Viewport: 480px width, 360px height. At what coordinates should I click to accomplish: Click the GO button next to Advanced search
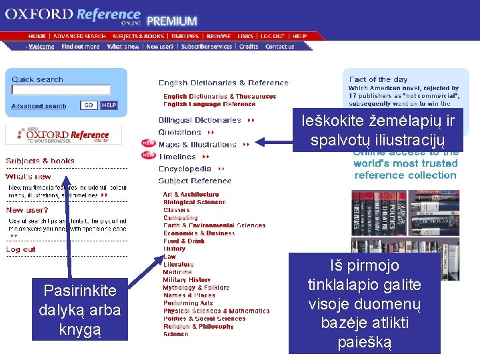click(x=89, y=105)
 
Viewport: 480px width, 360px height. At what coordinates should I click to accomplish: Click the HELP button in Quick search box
click(x=109, y=105)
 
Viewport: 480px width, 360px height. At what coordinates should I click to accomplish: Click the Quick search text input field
click(x=61, y=90)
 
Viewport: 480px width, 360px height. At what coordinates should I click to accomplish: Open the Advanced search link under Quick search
click(x=39, y=106)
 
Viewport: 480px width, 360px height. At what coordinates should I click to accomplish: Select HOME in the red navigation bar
click(x=37, y=36)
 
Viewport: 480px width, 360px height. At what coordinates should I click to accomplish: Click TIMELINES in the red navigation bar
click(x=185, y=36)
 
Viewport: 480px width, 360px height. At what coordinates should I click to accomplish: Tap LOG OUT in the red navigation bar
click(x=272, y=36)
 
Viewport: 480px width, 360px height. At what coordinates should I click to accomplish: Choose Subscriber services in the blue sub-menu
click(x=207, y=47)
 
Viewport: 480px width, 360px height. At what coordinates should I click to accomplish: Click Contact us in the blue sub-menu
click(x=279, y=47)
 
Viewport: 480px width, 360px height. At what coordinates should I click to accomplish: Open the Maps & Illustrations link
click(x=197, y=145)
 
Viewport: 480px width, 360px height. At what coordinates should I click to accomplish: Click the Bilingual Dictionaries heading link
click(x=199, y=121)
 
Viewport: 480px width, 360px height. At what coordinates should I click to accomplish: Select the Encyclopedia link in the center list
click(x=185, y=169)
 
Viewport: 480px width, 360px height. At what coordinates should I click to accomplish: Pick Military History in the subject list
click(x=187, y=280)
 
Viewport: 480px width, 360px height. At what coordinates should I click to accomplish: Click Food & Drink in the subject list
click(x=184, y=241)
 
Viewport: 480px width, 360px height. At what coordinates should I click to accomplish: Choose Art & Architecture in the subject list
click(x=191, y=195)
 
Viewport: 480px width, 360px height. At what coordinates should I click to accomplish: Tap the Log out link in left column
click(x=21, y=249)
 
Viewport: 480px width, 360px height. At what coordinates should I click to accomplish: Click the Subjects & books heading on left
click(x=40, y=161)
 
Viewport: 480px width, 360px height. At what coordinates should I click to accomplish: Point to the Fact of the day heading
click(x=378, y=79)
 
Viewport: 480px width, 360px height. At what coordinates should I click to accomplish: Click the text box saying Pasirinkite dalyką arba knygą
click(x=79, y=310)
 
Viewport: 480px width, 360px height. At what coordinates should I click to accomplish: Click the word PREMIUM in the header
click(x=172, y=21)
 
